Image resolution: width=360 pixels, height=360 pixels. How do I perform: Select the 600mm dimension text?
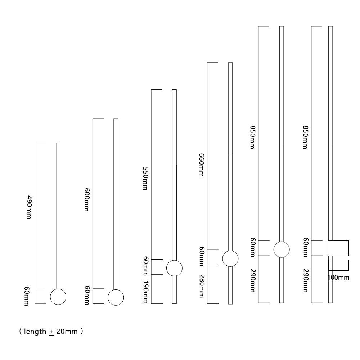87,200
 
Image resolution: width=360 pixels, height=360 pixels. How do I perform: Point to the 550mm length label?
145,179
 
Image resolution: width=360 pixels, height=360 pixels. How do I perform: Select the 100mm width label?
338,278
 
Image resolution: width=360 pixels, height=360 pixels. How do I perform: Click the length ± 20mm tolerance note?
51,332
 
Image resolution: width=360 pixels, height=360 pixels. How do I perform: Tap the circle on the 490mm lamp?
58,297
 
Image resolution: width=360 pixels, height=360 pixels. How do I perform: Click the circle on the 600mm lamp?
116,297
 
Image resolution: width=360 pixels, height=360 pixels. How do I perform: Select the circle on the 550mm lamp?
174,268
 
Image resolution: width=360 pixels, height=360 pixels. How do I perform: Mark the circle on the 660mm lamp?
230,258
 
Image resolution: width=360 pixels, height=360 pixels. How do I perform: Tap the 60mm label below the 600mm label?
87,295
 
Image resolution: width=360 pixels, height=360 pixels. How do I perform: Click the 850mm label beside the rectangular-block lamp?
305,137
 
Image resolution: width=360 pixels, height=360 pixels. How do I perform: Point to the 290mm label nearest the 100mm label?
305,281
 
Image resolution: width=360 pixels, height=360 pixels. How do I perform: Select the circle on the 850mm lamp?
282,249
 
